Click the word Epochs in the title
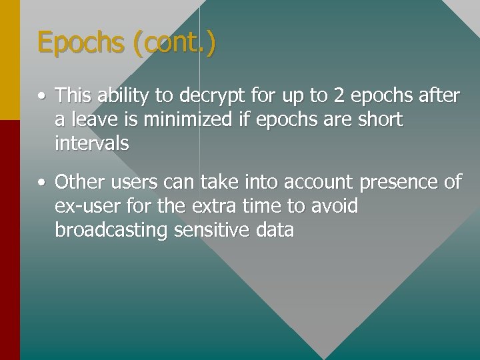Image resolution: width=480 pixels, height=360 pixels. [81, 43]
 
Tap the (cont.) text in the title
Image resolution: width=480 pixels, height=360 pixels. [174, 43]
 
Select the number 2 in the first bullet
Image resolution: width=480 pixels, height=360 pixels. [339, 96]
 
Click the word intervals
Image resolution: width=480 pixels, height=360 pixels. [92, 143]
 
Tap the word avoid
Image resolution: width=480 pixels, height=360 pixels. [335, 207]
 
